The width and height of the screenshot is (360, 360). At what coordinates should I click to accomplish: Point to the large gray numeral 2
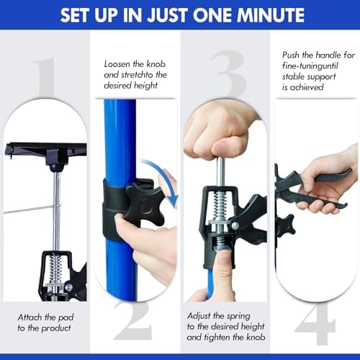coord(132,320)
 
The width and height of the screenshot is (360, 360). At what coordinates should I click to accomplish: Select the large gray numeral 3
coord(228,73)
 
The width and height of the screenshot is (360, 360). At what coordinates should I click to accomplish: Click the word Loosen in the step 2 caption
coord(117,64)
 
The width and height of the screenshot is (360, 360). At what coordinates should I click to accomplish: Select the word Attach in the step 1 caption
coord(29,318)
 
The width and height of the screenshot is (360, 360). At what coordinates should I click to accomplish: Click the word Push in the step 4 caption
coord(291,55)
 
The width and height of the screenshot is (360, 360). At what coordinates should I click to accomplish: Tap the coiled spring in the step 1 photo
coord(55,269)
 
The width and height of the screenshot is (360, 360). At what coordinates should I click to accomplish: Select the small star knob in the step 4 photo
coord(286,225)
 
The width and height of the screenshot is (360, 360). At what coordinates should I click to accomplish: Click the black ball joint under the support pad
coord(56,167)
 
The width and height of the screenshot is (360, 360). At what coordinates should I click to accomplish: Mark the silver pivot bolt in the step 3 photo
coord(235,225)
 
